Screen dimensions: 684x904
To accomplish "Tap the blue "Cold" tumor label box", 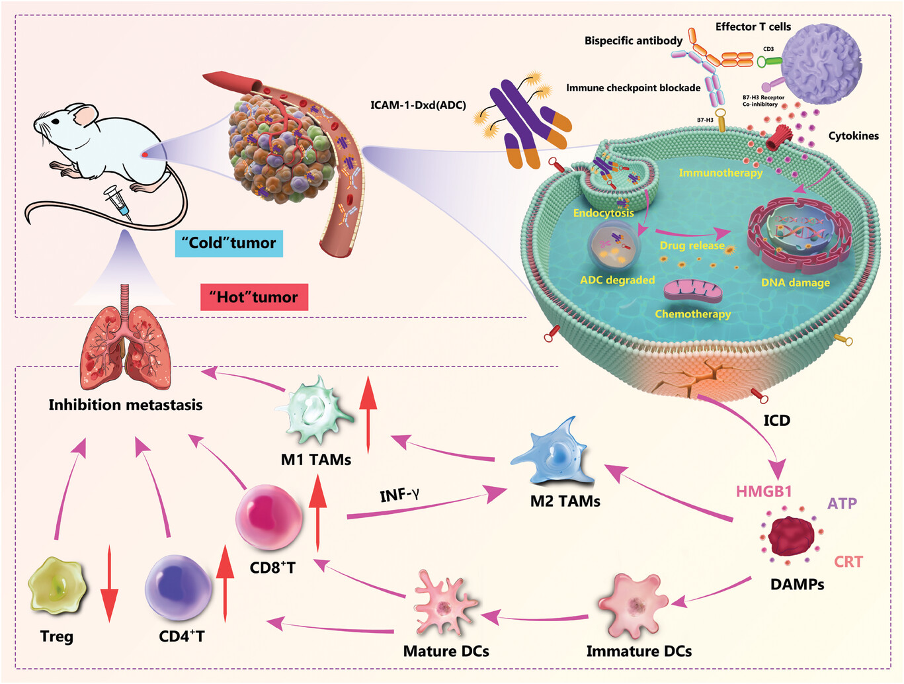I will point(229,243).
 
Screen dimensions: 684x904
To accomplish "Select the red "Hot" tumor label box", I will point(254,297).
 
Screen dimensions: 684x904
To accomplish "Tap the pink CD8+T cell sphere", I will point(268,517).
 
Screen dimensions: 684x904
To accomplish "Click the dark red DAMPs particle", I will point(793,536).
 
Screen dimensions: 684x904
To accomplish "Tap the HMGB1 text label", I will point(763,492).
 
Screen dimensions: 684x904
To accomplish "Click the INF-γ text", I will point(399,495).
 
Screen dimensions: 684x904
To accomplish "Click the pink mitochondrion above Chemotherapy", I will point(693,292).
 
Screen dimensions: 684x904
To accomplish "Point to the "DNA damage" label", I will point(795,282).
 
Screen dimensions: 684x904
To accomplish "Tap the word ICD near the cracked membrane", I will point(776,421).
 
